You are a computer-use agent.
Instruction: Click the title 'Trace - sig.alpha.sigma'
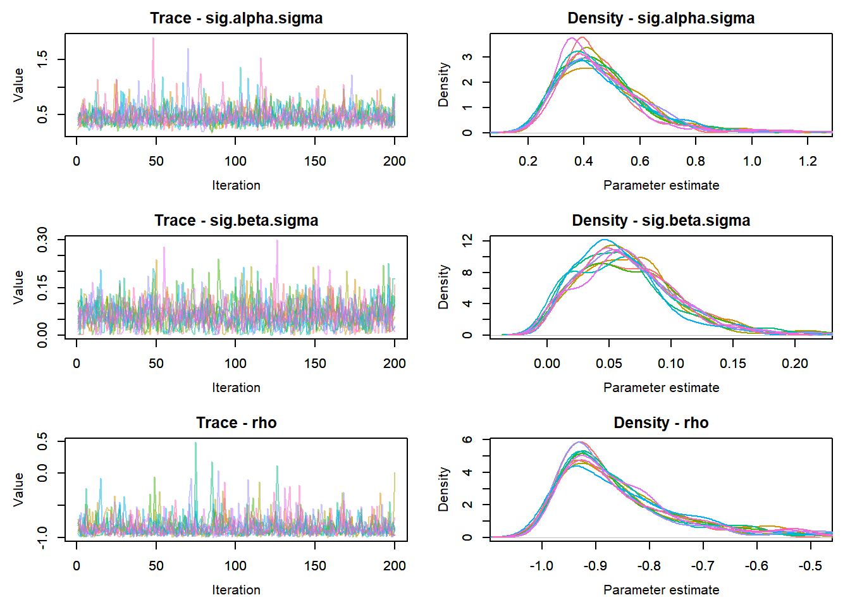point(236,18)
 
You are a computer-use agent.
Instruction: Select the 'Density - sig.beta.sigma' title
point(661,221)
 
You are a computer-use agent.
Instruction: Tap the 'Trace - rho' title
point(236,423)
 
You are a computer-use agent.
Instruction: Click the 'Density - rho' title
point(661,423)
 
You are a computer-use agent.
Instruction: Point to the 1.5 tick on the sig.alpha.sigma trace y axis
point(42,59)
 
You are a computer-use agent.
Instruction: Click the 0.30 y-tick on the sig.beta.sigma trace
point(42,240)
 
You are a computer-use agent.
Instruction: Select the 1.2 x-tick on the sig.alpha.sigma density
point(808,161)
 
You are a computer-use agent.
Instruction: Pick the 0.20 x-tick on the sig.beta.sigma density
point(794,364)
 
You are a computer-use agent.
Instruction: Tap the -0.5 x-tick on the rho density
point(810,566)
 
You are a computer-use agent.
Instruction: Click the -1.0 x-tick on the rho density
point(541,566)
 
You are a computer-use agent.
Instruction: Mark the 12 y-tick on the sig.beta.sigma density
point(467,241)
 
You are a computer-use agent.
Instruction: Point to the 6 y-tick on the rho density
point(467,439)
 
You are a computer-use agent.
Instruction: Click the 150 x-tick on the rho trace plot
point(315,566)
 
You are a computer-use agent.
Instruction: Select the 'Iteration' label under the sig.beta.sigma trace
point(236,388)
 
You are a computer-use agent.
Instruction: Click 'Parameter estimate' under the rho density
point(661,590)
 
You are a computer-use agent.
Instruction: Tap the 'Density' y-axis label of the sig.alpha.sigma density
point(444,85)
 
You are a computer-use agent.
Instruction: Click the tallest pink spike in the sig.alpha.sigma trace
point(153,39)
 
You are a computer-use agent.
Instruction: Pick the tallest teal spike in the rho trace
point(195,443)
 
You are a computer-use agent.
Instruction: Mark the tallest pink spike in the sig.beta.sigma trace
point(276,241)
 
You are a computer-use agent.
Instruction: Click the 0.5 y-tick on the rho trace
point(42,441)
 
